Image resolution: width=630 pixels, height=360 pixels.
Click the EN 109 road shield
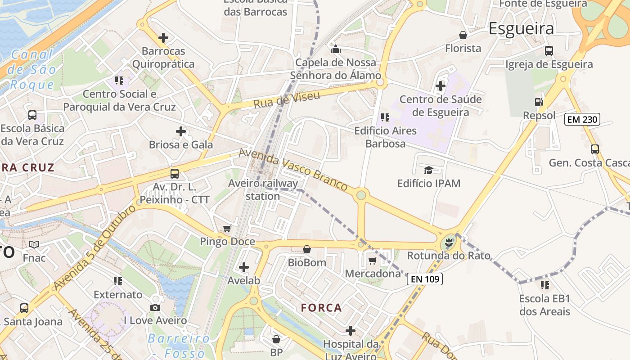point(425,279)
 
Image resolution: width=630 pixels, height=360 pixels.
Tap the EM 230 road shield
point(582,119)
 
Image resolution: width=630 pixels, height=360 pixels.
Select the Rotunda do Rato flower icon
point(448,243)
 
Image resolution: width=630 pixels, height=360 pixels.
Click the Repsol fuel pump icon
point(539,102)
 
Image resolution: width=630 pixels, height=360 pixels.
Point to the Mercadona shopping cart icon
point(372,261)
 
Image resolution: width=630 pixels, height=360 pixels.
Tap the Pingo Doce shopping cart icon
point(227,229)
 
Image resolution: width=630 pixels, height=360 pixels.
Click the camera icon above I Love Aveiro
point(155,307)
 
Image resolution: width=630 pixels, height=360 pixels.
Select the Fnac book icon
point(34,245)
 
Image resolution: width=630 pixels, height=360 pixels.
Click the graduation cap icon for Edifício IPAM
point(428,170)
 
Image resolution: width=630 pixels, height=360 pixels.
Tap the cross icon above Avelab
point(244,268)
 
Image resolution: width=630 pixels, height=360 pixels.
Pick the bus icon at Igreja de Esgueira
point(549,51)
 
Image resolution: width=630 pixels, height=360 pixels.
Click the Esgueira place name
point(521,29)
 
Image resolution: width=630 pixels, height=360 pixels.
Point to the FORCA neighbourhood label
point(321,308)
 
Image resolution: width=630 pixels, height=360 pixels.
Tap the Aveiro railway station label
point(263,189)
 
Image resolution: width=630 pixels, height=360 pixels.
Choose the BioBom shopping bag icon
point(307,249)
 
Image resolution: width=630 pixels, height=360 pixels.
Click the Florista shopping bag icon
point(463,35)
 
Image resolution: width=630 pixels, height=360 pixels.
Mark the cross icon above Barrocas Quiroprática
point(163,38)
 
